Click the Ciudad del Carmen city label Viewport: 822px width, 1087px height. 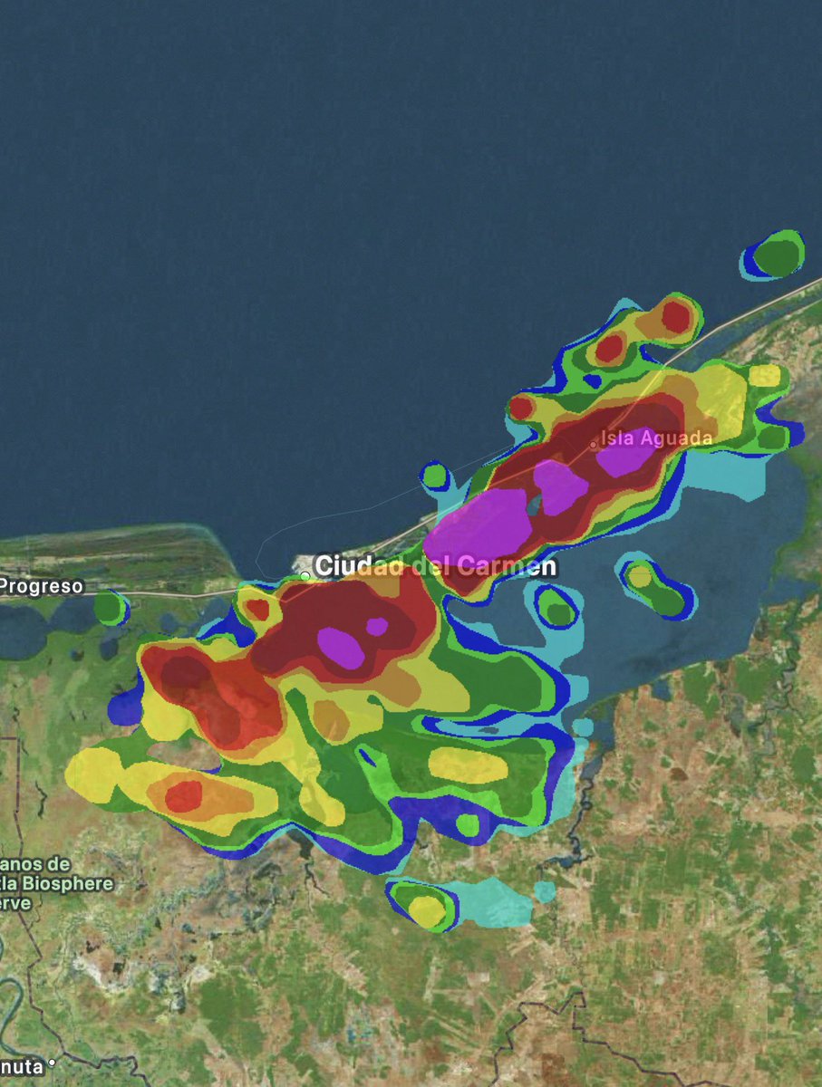tap(436, 567)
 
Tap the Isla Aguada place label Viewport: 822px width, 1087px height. tap(657, 438)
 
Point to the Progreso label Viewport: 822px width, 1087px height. tap(41, 586)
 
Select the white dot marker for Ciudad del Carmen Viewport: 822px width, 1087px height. tap(305, 575)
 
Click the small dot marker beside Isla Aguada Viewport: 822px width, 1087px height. tap(594, 445)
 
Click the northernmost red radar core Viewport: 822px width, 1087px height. tap(675, 316)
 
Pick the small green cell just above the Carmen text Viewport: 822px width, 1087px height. tap(435, 476)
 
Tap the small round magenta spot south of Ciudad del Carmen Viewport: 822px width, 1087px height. tap(377, 626)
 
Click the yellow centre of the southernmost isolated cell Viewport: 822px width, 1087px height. tap(425, 909)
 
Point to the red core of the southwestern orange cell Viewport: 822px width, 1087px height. tap(184, 796)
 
